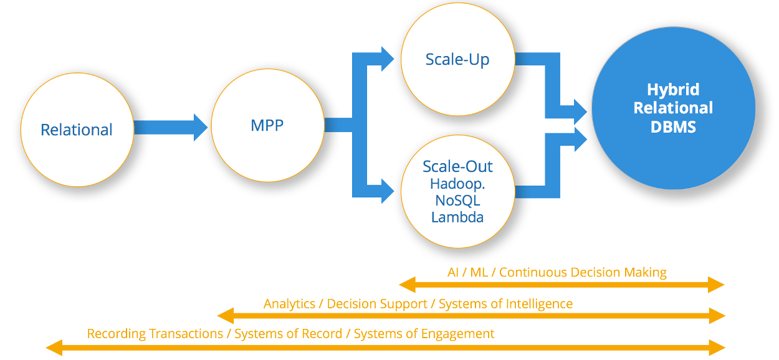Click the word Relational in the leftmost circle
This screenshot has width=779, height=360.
pos(77,130)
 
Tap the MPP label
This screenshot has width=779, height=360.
pos(267,125)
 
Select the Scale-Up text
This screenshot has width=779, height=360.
pos(457,59)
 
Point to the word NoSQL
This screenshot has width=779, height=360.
pos(457,201)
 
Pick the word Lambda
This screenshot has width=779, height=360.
pos(457,217)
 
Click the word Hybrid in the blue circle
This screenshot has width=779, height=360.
pos(673,90)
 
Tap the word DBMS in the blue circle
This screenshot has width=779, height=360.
pos(673,127)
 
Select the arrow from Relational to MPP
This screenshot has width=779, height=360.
pos(171,128)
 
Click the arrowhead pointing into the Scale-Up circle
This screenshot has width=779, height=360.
pos(388,59)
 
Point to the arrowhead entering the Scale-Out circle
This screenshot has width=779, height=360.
pos(388,191)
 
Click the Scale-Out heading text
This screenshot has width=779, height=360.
pos(457,166)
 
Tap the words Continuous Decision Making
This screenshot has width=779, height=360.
pos(583,272)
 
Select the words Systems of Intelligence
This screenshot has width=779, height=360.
pos(505,304)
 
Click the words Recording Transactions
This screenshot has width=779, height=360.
pos(155,334)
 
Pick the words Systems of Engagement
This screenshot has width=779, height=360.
pos(424,334)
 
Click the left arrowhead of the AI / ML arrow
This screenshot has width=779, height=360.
pos(407,285)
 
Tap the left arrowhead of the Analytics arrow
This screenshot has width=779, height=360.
pos(226,316)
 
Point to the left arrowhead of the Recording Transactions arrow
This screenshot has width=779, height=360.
pos(54,348)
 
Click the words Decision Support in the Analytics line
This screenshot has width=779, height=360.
pos(377,304)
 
